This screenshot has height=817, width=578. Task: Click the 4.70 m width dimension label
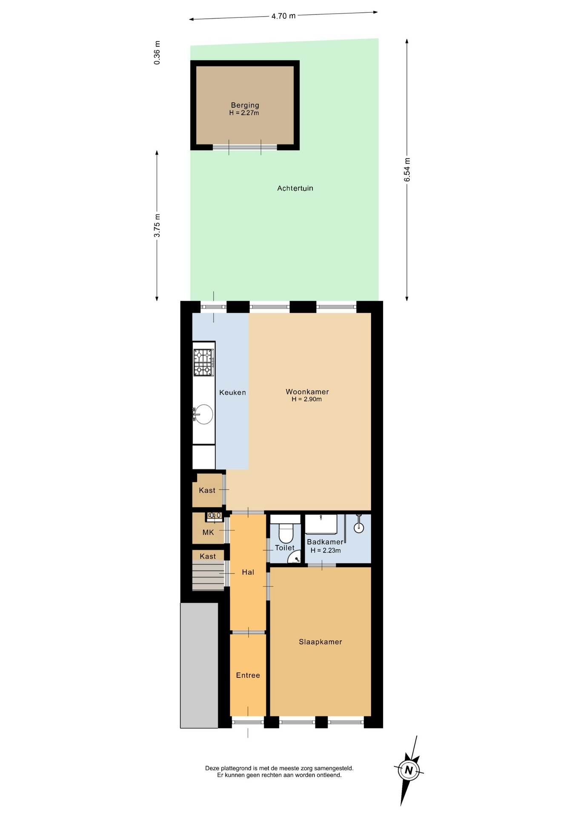pyautogui.click(x=283, y=16)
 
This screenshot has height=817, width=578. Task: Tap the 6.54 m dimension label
pyautogui.click(x=407, y=170)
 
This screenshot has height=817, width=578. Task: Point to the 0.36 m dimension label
pyautogui.click(x=157, y=53)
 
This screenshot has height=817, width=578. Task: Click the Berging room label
pyautogui.click(x=245, y=105)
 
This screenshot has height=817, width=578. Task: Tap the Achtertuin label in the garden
pyautogui.click(x=295, y=188)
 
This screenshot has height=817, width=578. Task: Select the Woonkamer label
pyautogui.click(x=307, y=392)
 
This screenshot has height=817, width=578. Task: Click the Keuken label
pyautogui.click(x=232, y=392)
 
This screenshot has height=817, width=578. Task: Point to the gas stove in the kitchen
pyautogui.click(x=203, y=363)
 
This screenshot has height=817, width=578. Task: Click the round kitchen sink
pyautogui.click(x=203, y=414)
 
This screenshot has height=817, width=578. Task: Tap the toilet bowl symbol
pyautogui.click(x=286, y=533)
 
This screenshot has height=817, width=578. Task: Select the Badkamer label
pyautogui.click(x=325, y=542)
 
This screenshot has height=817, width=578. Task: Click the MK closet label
pyautogui.click(x=208, y=532)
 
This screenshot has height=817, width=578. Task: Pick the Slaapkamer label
pyautogui.click(x=320, y=642)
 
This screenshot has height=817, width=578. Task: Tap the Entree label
pyautogui.click(x=248, y=675)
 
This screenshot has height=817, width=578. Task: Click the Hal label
pyautogui.click(x=248, y=572)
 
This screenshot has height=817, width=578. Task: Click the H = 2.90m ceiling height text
pyautogui.click(x=306, y=400)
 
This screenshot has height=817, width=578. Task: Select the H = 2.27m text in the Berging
pyautogui.click(x=244, y=113)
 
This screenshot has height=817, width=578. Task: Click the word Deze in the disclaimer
pyautogui.click(x=212, y=768)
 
